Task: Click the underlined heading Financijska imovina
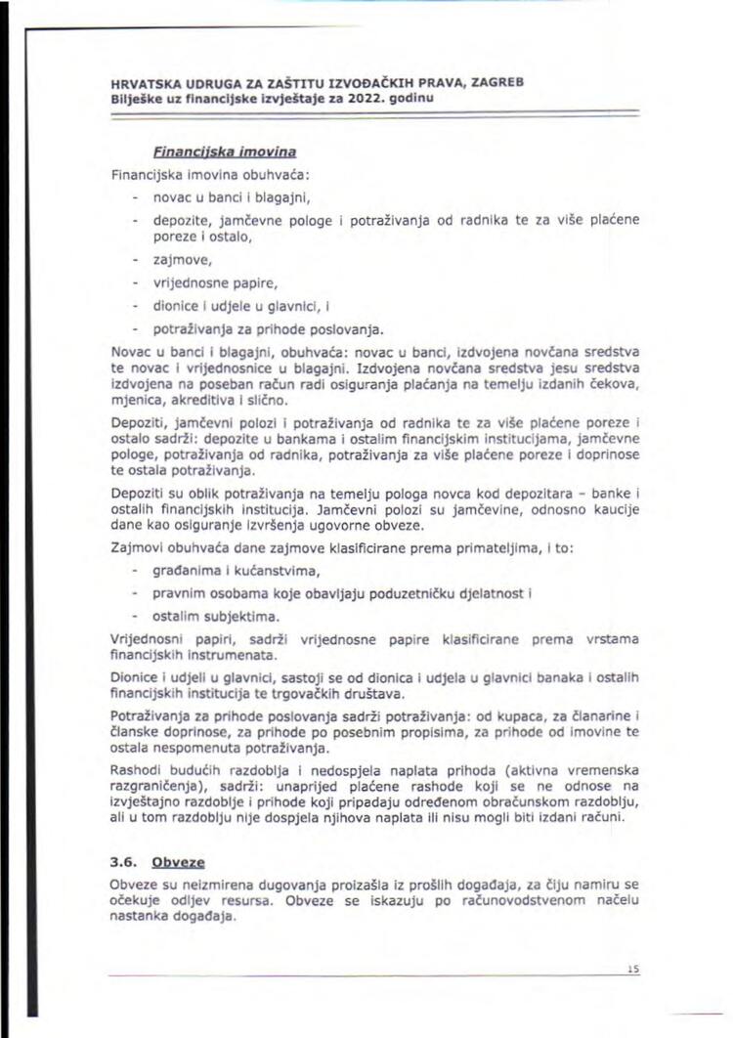pyautogui.click(x=224, y=152)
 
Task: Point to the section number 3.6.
pyautogui.click(x=124, y=863)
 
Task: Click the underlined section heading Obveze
pyautogui.click(x=177, y=863)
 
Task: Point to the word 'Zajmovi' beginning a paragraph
pyautogui.click(x=138, y=550)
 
